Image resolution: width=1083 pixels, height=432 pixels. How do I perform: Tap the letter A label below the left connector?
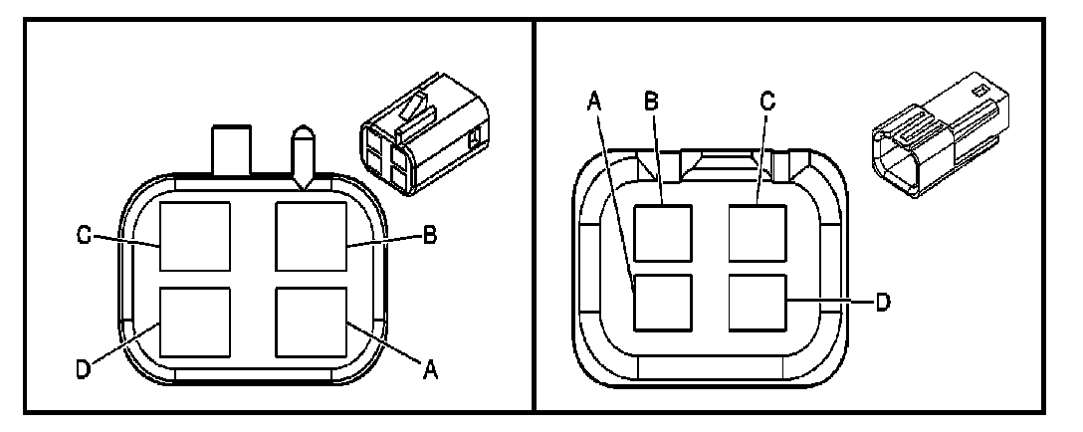pyautogui.click(x=431, y=370)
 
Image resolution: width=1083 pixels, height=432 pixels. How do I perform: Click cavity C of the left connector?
pyautogui.click(x=196, y=236)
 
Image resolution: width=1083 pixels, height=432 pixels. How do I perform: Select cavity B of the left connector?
pyautogui.click(x=311, y=236)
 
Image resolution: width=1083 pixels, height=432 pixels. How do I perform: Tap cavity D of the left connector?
pyautogui.click(x=196, y=322)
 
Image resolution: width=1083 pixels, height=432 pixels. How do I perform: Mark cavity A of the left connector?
pyautogui.click(x=311, y=322)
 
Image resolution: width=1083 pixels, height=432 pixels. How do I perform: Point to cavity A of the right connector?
pyautogui.click(x=663, y=303)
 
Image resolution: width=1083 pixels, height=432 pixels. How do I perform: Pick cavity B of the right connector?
pyautogui.click(x=663, y=233)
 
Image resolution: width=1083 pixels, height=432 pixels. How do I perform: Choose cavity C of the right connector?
pyautogui.click(x=758, y=233)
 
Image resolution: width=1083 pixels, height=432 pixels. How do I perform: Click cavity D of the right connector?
pyautogui.click(x=758, y=303)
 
